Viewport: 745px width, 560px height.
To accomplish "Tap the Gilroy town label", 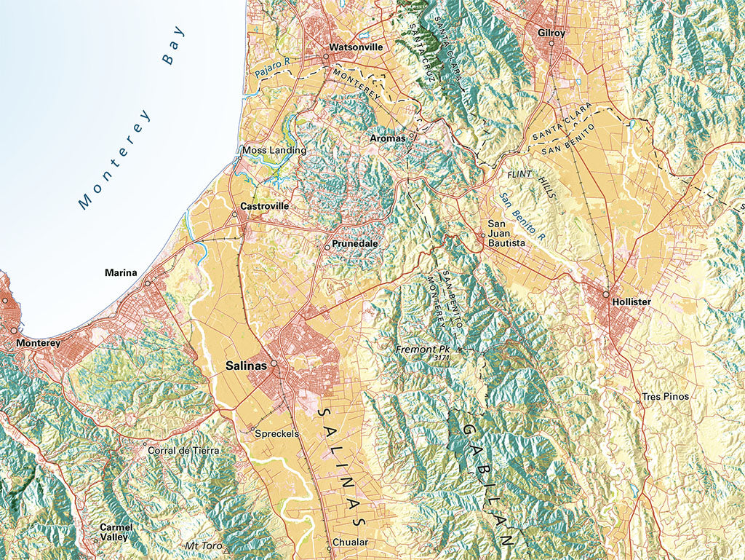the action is [x=551, y=33].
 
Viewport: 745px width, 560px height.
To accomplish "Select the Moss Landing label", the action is [x=274, y=150].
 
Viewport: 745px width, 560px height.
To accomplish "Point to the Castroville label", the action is [x=265, y=206].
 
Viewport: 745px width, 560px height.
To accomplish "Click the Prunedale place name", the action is [x=354, y=243].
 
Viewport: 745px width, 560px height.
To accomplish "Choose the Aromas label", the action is [x=387, y=138].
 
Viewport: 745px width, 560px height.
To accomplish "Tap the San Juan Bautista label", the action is [x=505, y=233].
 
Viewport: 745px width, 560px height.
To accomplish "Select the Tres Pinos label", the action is [x=664, y=397].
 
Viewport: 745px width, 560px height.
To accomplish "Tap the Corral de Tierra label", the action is [x=183, y=451].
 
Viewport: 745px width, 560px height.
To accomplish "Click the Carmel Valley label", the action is [x=116, y=532].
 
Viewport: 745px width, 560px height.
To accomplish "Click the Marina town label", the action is [x=121, y=273].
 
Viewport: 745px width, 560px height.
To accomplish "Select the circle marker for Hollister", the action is [x=605, y=294].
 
